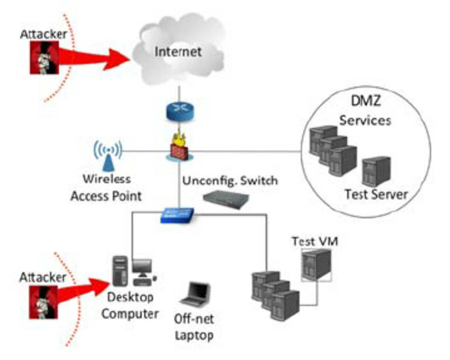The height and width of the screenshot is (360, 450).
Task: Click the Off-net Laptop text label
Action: (194, 327)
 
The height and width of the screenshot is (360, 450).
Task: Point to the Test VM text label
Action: (314, 242)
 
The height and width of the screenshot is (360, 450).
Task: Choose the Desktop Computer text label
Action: (130, 307)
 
